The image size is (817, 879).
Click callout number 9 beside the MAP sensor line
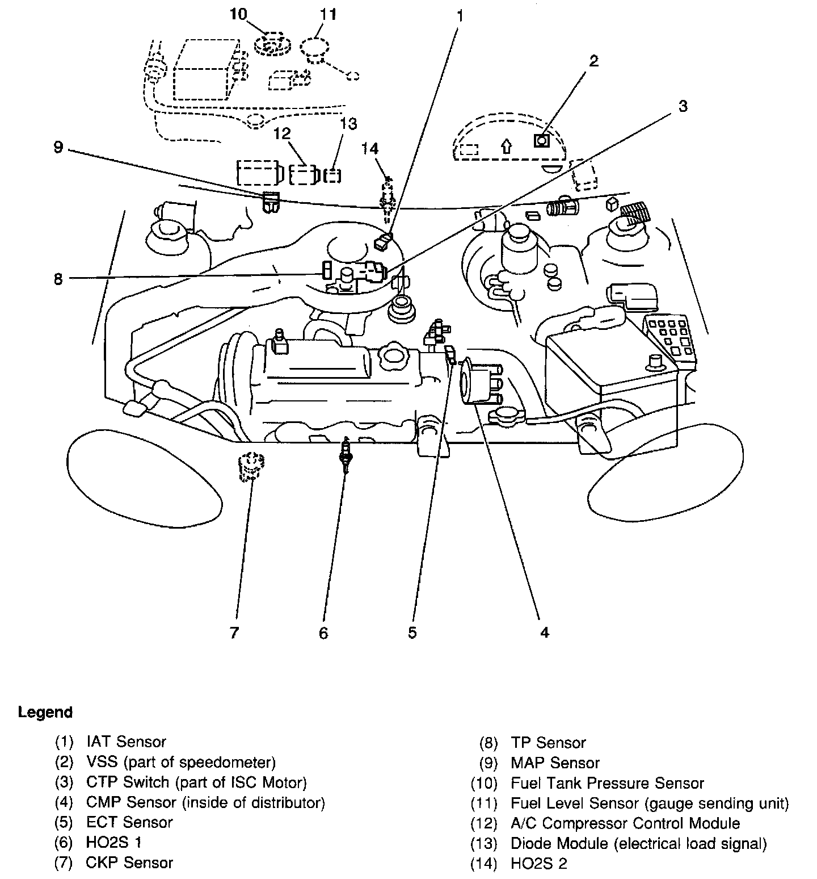(x=57, y=147)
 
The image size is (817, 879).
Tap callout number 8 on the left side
(x=58, y=279)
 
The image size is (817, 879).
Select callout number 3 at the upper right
(x=683, y=106)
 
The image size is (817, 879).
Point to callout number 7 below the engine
(x=234, y=632)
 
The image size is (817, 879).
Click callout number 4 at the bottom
(x=544, y=632)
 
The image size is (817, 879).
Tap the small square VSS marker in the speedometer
(x=542, y=140)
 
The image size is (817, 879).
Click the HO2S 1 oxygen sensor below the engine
(x=344, y=455)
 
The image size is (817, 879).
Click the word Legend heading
(x=45, y=712)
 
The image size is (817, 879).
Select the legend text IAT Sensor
(x=126, y=742)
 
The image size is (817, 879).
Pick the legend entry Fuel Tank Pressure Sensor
(x=607, y=783)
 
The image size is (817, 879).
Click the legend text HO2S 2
(x=538, y=864)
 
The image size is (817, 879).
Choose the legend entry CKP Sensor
(x=129, y=863)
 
